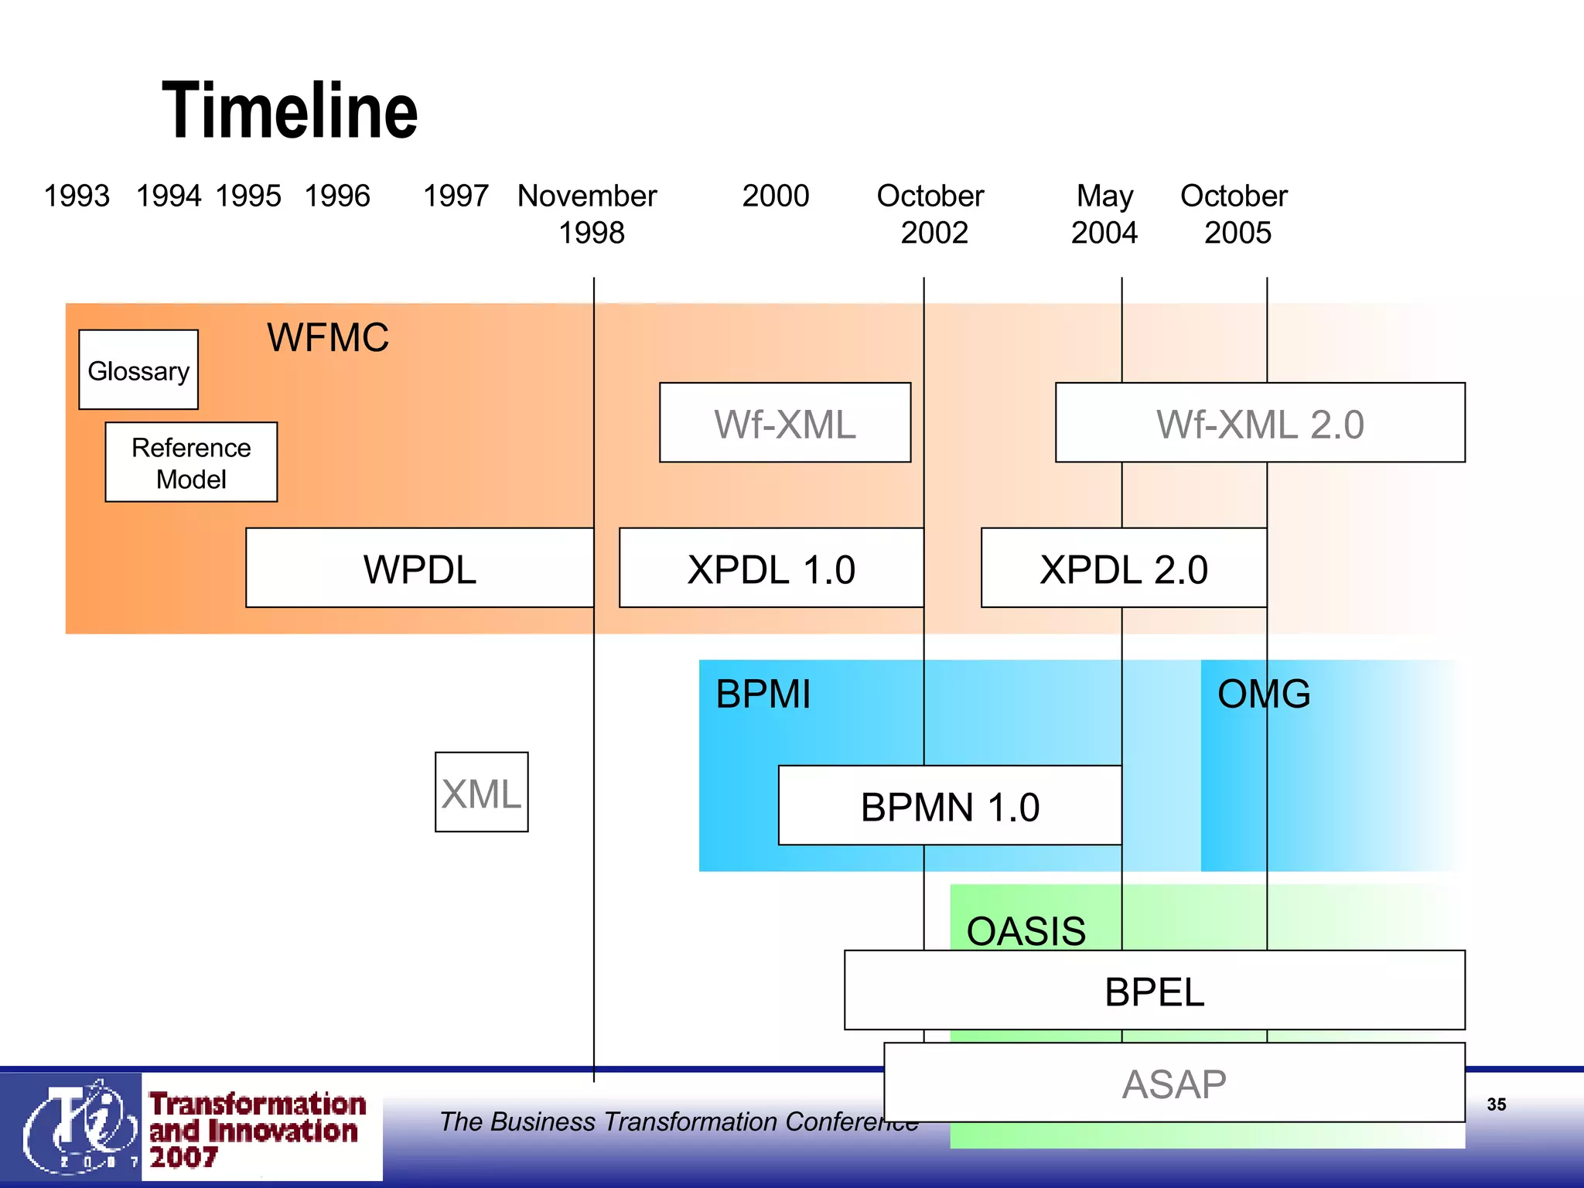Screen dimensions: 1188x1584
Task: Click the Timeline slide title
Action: (x=289, y=111)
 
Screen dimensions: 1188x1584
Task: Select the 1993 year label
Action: (x=77, y=196)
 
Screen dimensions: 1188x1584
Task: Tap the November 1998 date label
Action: (x=588, y=214)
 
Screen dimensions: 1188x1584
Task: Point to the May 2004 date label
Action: (x=1104, y=214)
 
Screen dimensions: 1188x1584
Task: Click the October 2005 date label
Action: (x=1235, y=214)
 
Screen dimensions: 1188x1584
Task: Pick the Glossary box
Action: (x=138, y=370)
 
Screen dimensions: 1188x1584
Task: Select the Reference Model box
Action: (x=191, y=463)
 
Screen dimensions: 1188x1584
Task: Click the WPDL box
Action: (x=420, y=568)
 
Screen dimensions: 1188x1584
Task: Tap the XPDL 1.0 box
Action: (x=771, y=568)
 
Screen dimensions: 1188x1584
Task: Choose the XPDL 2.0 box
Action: (x=1124, y=568)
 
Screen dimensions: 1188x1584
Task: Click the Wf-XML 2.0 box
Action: (x=1260, y=423)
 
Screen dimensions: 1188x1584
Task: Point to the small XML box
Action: (x=481, y=793)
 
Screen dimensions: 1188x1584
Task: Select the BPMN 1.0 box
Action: (x=950, y=806)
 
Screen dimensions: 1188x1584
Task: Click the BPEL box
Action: (x=1154, y=991)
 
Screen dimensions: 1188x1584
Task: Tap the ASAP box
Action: (x=1174, y=1083)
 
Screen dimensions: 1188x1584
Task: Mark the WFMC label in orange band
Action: (x=328, y=337)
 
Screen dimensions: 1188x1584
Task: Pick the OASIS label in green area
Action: (x=1026, y=930)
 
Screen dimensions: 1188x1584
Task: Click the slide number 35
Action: (x=1496, y=1104)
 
